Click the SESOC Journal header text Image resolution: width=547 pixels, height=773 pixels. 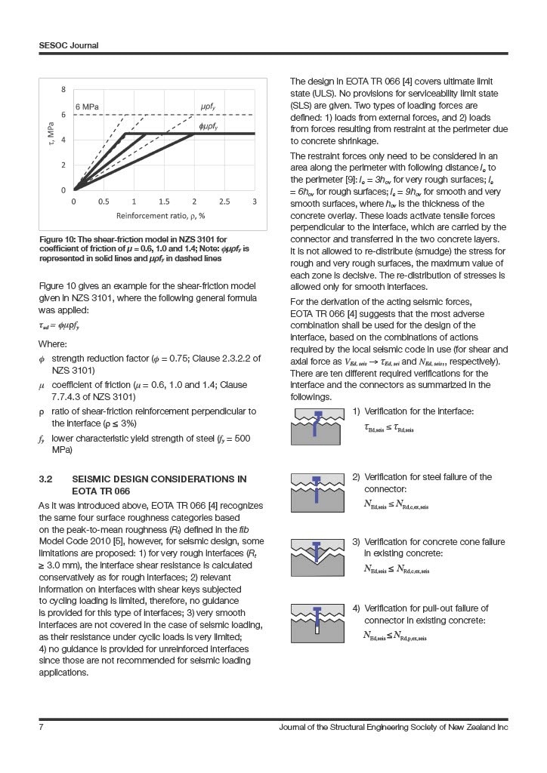coord(69,45)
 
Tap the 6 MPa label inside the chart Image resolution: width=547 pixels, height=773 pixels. coord(86,106)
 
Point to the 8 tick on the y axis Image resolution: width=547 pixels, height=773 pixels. coord(64,89)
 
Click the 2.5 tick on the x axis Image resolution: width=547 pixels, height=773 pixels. coord(224,202)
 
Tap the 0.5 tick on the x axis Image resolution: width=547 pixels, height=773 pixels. coord(104,202)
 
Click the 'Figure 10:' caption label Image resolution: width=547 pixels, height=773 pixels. coord(59,240)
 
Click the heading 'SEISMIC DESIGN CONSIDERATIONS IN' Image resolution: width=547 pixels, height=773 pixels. coord(159,479)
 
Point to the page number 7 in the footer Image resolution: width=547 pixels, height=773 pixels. coord(41,727)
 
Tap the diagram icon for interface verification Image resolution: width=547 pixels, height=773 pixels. coord(317,427)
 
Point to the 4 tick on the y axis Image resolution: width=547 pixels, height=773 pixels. coord(64,140)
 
